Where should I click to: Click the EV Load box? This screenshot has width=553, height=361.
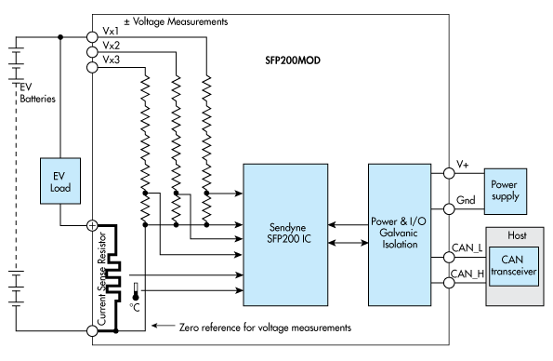(x=59, y=180)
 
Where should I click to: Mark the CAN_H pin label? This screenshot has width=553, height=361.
(x=467, y=273)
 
